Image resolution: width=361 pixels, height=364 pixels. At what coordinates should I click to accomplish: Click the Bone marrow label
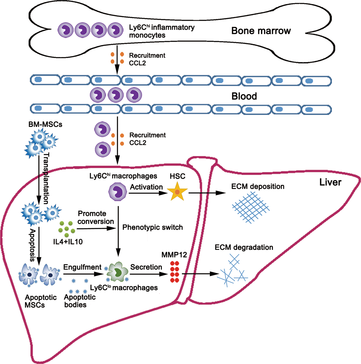261,31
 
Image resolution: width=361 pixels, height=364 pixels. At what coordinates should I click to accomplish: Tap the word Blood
244,96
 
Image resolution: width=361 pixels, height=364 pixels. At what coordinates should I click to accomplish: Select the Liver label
330,182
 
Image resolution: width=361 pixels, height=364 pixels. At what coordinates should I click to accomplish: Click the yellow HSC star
177,191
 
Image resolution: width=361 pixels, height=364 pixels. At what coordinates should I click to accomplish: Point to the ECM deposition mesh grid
250,207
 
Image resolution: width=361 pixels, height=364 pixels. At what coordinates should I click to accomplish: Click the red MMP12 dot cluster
175,272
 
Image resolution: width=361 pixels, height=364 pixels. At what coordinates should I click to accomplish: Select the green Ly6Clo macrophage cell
117,272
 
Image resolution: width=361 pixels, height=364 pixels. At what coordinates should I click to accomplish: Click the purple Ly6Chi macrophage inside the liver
117,191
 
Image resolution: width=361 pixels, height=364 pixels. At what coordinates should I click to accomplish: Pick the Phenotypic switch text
152,227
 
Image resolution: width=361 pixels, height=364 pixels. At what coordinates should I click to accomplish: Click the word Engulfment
82,267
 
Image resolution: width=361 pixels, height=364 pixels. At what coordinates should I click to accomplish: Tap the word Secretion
146,267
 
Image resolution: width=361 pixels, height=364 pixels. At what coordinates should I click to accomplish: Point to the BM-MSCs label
45,124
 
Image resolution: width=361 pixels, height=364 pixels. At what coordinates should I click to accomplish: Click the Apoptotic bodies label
80,301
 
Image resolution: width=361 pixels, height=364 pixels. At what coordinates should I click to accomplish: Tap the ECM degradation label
244,247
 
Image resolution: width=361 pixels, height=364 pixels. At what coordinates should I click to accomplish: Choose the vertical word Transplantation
46,178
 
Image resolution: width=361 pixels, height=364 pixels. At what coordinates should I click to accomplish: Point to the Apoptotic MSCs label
40,301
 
